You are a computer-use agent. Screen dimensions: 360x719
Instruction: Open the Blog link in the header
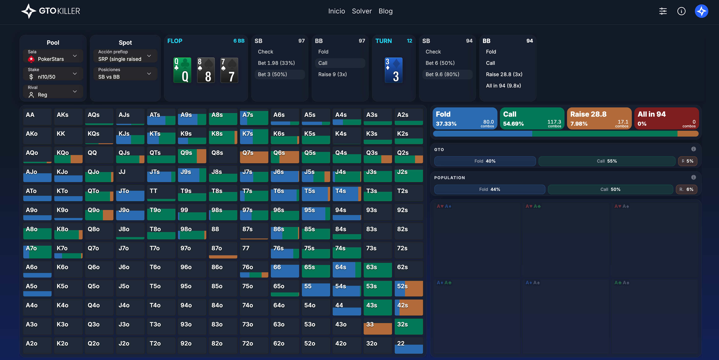click(385, 11)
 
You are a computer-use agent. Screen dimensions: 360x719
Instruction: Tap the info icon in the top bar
click(681, 11)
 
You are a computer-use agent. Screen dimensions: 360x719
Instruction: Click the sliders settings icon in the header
click(663, 11)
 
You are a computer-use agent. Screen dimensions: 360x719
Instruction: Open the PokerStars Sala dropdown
click(53, 56)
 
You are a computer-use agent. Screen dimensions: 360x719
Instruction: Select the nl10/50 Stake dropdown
click(53, 74)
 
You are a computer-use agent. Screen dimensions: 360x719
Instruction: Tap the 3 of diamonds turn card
click(393, 70)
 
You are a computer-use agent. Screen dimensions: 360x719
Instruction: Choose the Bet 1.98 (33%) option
click(276, 63)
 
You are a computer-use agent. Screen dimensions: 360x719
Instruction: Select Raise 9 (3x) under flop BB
click(332, 74)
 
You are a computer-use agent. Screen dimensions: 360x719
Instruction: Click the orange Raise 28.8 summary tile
click(599, 118)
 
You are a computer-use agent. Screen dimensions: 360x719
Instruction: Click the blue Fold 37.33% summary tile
click(465, 118)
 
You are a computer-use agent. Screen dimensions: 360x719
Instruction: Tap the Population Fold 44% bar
click(489, 189)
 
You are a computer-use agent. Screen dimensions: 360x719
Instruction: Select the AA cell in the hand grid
click(37, 117)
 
